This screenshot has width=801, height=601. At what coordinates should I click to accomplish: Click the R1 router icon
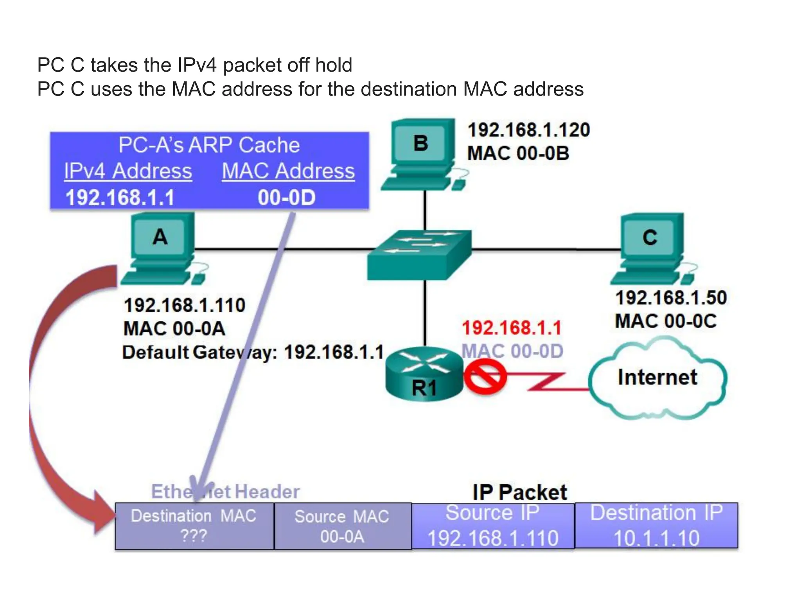pos(424,374)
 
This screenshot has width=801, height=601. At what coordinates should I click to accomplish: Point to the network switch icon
pos(419,254)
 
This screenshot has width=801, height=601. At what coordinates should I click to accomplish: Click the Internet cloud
pos(657,378)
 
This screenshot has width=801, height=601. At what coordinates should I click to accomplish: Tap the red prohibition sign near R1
pos(485,377)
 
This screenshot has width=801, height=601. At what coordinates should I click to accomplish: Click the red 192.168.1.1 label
pos(512,328)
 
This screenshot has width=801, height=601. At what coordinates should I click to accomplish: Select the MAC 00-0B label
pos(518,153)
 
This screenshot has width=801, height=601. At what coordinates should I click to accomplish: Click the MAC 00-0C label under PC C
pos(665,321)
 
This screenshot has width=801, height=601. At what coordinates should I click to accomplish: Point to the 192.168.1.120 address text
pos(528,130)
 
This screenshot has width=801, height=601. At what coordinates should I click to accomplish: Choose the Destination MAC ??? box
pos(194,526)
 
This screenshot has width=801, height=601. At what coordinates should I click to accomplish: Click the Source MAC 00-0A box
pos(342,526)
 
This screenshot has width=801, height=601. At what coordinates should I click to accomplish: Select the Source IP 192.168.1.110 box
pos(493,526)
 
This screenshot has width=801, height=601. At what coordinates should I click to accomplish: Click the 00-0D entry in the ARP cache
pos(287,198)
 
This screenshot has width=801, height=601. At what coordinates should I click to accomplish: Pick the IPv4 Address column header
pos(128,171)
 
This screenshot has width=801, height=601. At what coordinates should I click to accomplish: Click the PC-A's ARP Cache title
pos(209,145)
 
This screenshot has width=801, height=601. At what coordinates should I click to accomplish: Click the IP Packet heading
pos(519,492)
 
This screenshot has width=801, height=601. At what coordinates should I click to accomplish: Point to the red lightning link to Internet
pos(548,382)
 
